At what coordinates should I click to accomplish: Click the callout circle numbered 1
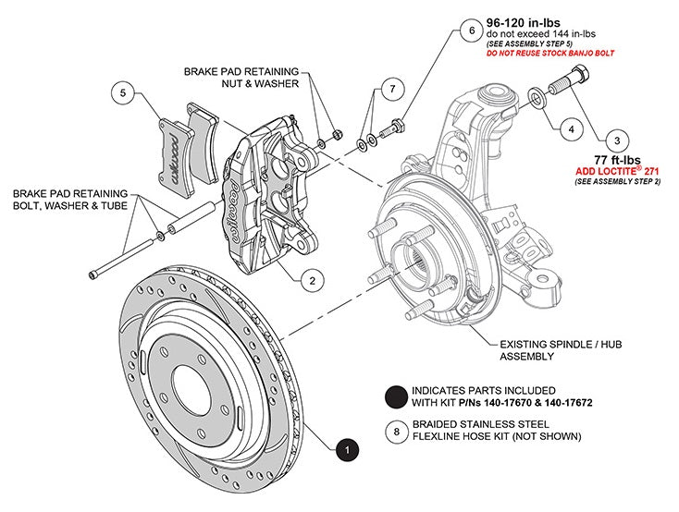click(347, 450)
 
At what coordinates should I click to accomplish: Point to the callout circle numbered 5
click(123, 92)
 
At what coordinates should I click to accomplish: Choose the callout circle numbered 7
click(392, 89)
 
